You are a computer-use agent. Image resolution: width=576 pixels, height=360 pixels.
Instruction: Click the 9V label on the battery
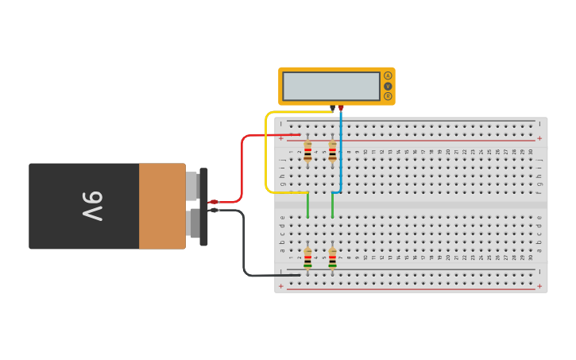point(92,207)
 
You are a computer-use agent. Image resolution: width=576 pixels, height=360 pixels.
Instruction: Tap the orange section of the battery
point(162,207)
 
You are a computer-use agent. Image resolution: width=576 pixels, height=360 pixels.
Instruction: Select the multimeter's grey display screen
point(331,86)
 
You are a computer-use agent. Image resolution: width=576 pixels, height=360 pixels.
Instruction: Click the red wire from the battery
point(242,159)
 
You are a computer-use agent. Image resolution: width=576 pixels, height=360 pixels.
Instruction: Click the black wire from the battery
point(243,246)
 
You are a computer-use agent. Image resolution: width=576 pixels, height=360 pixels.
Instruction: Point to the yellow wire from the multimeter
point(266,151)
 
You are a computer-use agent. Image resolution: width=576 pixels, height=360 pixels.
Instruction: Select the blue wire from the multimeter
point(341,151)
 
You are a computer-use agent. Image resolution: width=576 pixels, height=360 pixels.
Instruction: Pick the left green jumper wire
point(307,205)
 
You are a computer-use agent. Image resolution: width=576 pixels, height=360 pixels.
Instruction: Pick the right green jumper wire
point(332,205)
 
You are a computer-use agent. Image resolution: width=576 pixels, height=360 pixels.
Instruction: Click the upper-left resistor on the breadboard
point(307,151)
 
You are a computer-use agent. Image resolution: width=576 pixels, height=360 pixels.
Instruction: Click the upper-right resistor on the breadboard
point(332,151)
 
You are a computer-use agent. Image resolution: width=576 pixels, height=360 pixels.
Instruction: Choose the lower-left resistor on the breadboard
point(307,258)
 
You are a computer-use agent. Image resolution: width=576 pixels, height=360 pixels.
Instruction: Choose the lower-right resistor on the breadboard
point(332,258)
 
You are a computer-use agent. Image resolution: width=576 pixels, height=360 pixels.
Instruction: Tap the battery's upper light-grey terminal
point(192,186)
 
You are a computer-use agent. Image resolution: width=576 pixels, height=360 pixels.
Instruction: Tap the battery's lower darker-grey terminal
point(194,223)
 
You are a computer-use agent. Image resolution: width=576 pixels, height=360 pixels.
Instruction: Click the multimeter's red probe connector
point(341,108)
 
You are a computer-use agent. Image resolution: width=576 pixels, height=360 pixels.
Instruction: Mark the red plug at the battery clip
point(213,202)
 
